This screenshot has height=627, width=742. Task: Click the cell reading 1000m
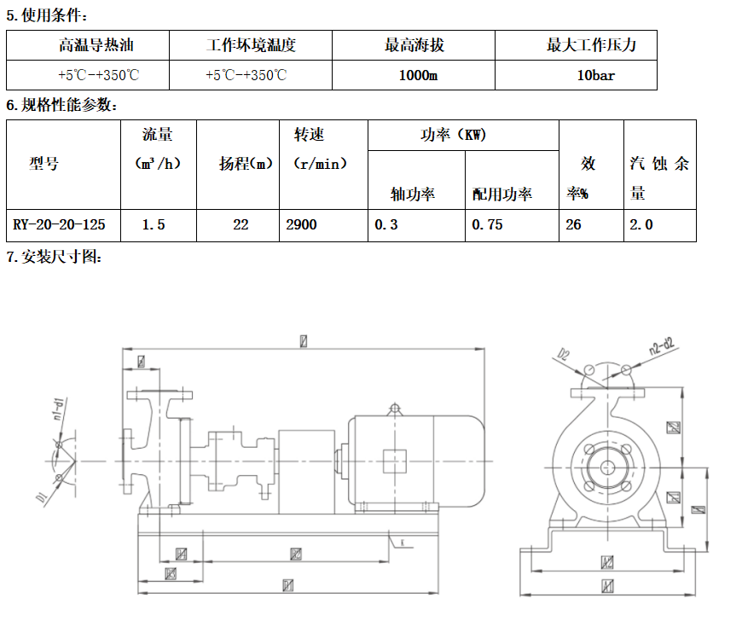[x=418, y=75]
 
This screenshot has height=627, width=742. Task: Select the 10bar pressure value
[x=595, y=75]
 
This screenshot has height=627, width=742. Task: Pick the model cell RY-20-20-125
[x=60, y=225]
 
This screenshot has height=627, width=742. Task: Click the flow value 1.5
[x=154, y=225]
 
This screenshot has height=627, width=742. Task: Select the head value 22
[x=241, y=225]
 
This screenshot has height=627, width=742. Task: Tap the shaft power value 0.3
[x=386, y=225]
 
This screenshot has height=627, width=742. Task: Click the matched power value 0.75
[x=487, y=225]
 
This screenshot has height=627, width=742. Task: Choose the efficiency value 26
[x=574, y=225]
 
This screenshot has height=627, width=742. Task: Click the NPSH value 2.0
[x=641, y=225]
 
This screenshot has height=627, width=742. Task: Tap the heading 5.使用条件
[x=47, y=15]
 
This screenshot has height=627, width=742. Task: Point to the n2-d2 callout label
[x=661, y=349]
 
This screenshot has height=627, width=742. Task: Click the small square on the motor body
[x=395, y=461]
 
